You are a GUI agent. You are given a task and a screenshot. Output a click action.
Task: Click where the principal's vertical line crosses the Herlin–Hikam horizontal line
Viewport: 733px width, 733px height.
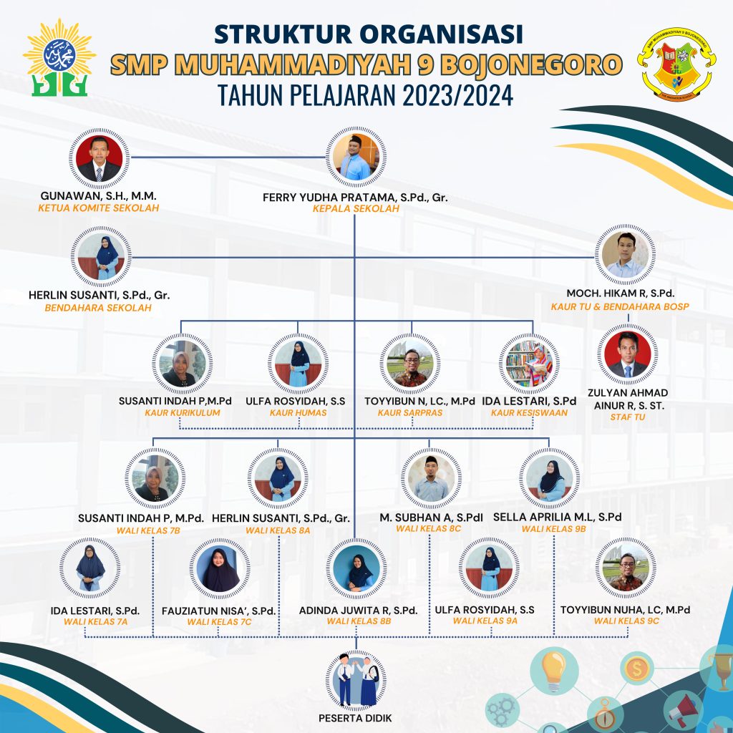355,257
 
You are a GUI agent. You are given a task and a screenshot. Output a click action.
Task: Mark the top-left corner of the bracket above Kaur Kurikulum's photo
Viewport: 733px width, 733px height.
181,321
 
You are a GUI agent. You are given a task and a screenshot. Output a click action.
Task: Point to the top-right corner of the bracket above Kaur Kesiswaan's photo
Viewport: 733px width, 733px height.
533,321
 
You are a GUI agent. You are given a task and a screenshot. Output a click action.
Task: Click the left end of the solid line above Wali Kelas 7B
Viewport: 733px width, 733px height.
154,439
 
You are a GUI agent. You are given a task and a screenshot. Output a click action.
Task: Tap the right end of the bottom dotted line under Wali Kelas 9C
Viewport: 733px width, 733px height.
628,636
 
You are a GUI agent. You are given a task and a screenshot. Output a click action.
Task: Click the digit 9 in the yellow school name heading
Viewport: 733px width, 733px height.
425,65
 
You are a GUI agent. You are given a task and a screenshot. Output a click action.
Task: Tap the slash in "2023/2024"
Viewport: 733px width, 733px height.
453,95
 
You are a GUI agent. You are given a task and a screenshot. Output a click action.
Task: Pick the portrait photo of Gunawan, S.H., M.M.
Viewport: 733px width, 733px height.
99,158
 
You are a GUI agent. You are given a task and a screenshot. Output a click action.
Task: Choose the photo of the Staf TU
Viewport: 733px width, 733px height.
627,354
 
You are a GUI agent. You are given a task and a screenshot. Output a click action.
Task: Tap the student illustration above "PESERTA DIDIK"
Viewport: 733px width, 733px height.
356,680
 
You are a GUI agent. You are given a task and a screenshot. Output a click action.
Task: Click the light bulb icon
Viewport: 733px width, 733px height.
553,669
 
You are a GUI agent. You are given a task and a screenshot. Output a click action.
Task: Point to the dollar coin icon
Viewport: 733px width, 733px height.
636,669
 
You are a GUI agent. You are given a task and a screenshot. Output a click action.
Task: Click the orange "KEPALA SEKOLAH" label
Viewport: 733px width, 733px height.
356,208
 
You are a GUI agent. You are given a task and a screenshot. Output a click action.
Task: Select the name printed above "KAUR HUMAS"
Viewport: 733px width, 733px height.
296,401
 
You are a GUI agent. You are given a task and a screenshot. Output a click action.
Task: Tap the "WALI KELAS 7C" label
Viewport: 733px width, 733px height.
219,622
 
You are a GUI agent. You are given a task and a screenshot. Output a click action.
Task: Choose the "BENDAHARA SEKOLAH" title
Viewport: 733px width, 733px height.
98,308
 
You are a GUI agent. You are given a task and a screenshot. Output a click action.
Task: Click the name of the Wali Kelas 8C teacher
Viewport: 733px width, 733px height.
431,518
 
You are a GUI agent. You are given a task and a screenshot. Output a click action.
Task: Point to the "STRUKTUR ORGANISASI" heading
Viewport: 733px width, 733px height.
369,34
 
